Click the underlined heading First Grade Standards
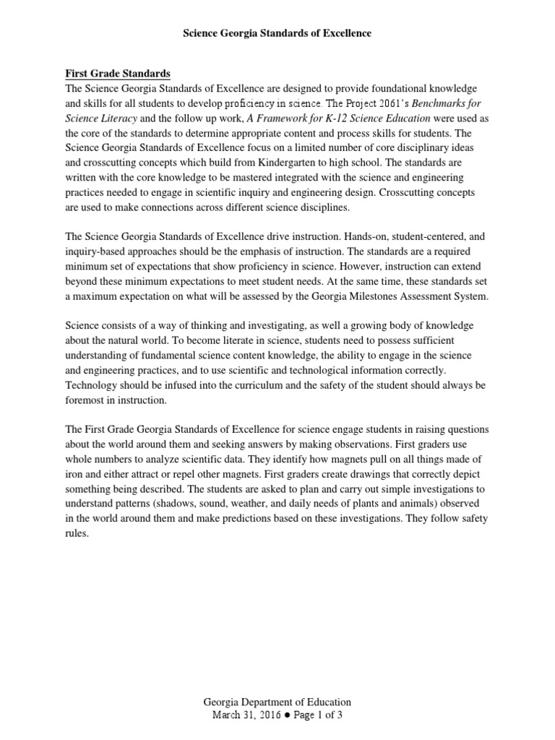point(119,73)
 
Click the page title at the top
point(277,33)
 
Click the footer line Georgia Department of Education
point(277,702)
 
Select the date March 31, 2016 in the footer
point(243,715)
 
